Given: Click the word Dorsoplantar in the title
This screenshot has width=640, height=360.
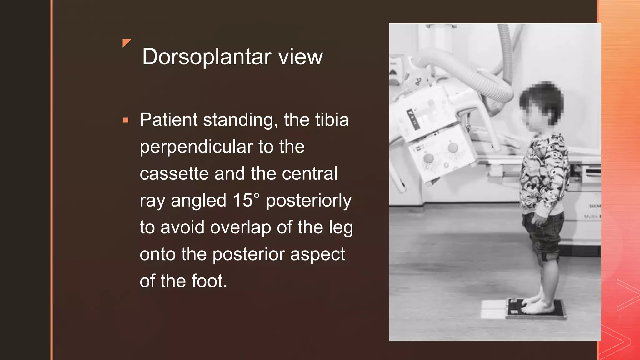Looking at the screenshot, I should click(207, 57).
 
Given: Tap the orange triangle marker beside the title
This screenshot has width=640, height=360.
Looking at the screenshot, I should click(126, 43).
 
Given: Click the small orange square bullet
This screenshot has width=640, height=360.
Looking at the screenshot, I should click(126, 120).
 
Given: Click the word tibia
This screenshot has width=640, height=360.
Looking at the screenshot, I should click(332, 120).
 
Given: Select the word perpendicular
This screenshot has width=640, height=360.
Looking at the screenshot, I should click(196, 147).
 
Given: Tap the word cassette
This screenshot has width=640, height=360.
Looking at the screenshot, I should click(174, 174).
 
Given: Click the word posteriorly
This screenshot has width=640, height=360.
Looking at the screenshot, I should click(309, 201).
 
